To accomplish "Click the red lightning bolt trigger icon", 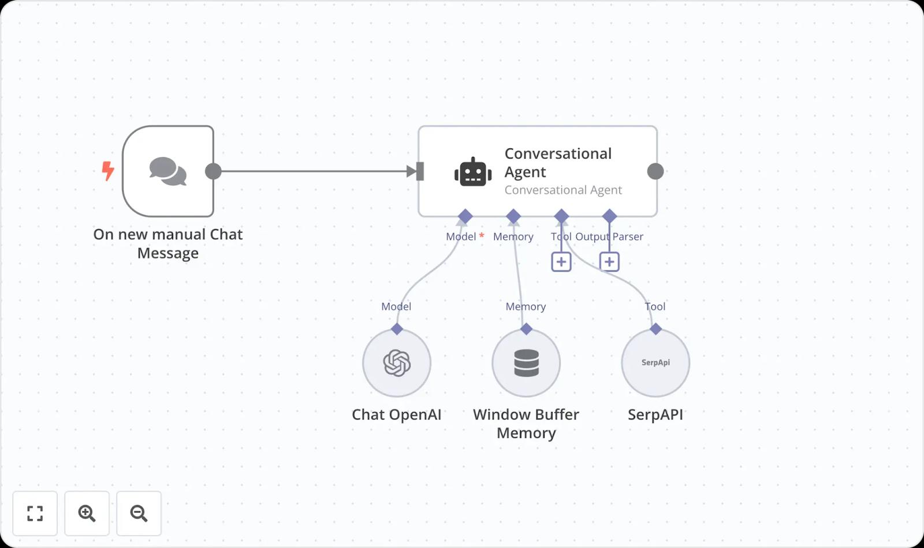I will click(x=108, y=171).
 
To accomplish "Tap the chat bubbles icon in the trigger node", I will click(x=167, y=171).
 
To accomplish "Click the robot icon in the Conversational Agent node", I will click(x=473, y=172).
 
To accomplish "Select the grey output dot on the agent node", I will click(x=655, y=171).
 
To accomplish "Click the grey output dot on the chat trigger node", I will click(x=213, y=171).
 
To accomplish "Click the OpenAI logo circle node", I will click(x=397, y=363).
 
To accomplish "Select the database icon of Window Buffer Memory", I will click(x=526, y=363).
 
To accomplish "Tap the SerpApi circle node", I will click(x=655, y=363).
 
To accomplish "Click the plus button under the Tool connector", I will click(x=561, y=262).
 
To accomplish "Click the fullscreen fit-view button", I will click(x=35, y=513).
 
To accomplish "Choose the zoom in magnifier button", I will click(x=87, y=513).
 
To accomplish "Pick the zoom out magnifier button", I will click(x=139, y=513).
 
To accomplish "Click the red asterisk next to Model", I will click(x=482, y=235).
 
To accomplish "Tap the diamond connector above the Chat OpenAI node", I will click(x=397, y=329).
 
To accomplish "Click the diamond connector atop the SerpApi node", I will click(x=655, y=329).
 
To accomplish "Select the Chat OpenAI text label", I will click(x=397, y=415).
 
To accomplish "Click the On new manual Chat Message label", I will click(x=168, y=243).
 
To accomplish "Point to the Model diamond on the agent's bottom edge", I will click(x=465, y=217).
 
